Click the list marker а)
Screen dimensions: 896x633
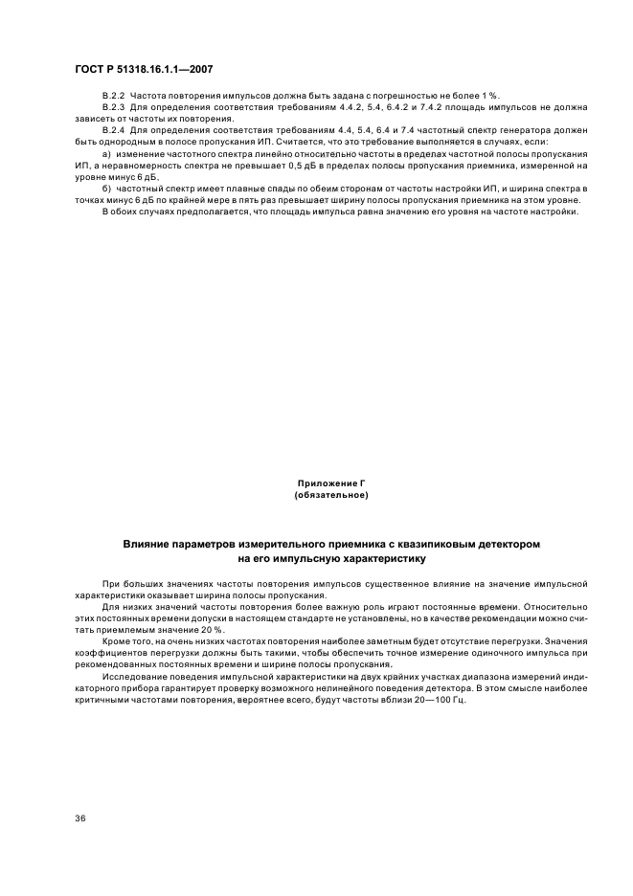point(106,154)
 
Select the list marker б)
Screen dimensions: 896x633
point(106,190)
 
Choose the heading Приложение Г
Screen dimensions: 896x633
point(331,484)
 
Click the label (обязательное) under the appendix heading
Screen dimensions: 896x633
point(331,495)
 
